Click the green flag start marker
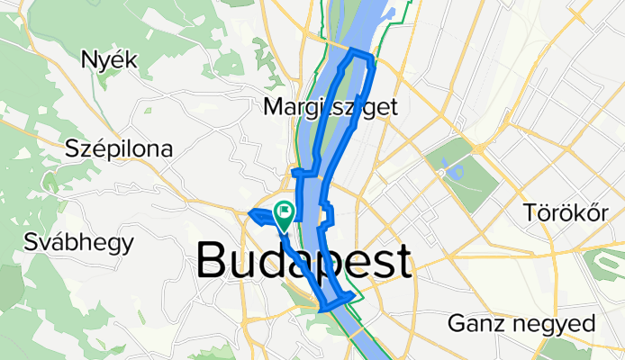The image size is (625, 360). tap(285, 213)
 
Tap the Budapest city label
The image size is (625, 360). tap(304, 262)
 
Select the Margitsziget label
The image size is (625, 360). tap(331, 107)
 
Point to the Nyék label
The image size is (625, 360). tap(108, 60)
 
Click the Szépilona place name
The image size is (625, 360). tap(118, 149)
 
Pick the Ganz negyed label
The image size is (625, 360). tap(521, 323)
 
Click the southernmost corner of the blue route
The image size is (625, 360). tap(322, 310)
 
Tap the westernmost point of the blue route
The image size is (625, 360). tap(248, 213)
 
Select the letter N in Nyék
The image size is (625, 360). tap(88, 60)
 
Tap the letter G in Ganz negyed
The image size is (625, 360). tap(458, 323)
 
